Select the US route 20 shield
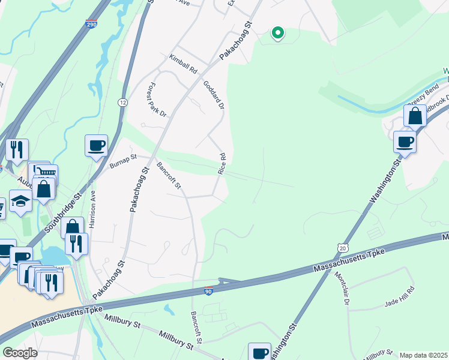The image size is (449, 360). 342,247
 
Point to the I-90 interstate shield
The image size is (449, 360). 208,290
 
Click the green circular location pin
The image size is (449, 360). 277,33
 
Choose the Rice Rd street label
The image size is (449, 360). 222,164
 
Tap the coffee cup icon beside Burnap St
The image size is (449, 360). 96,146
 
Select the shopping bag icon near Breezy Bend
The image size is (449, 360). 415,115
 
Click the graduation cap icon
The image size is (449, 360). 20,202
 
